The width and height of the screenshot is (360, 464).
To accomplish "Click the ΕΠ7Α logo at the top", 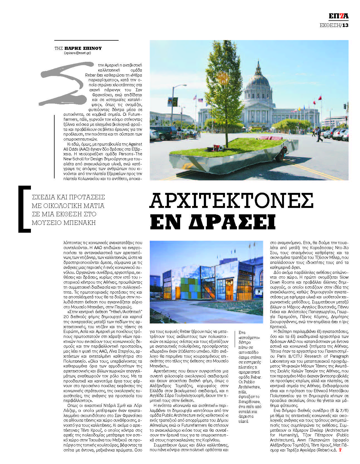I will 338,16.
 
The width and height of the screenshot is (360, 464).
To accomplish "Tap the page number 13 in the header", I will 345,25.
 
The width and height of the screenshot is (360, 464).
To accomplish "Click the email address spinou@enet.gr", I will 81,53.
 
